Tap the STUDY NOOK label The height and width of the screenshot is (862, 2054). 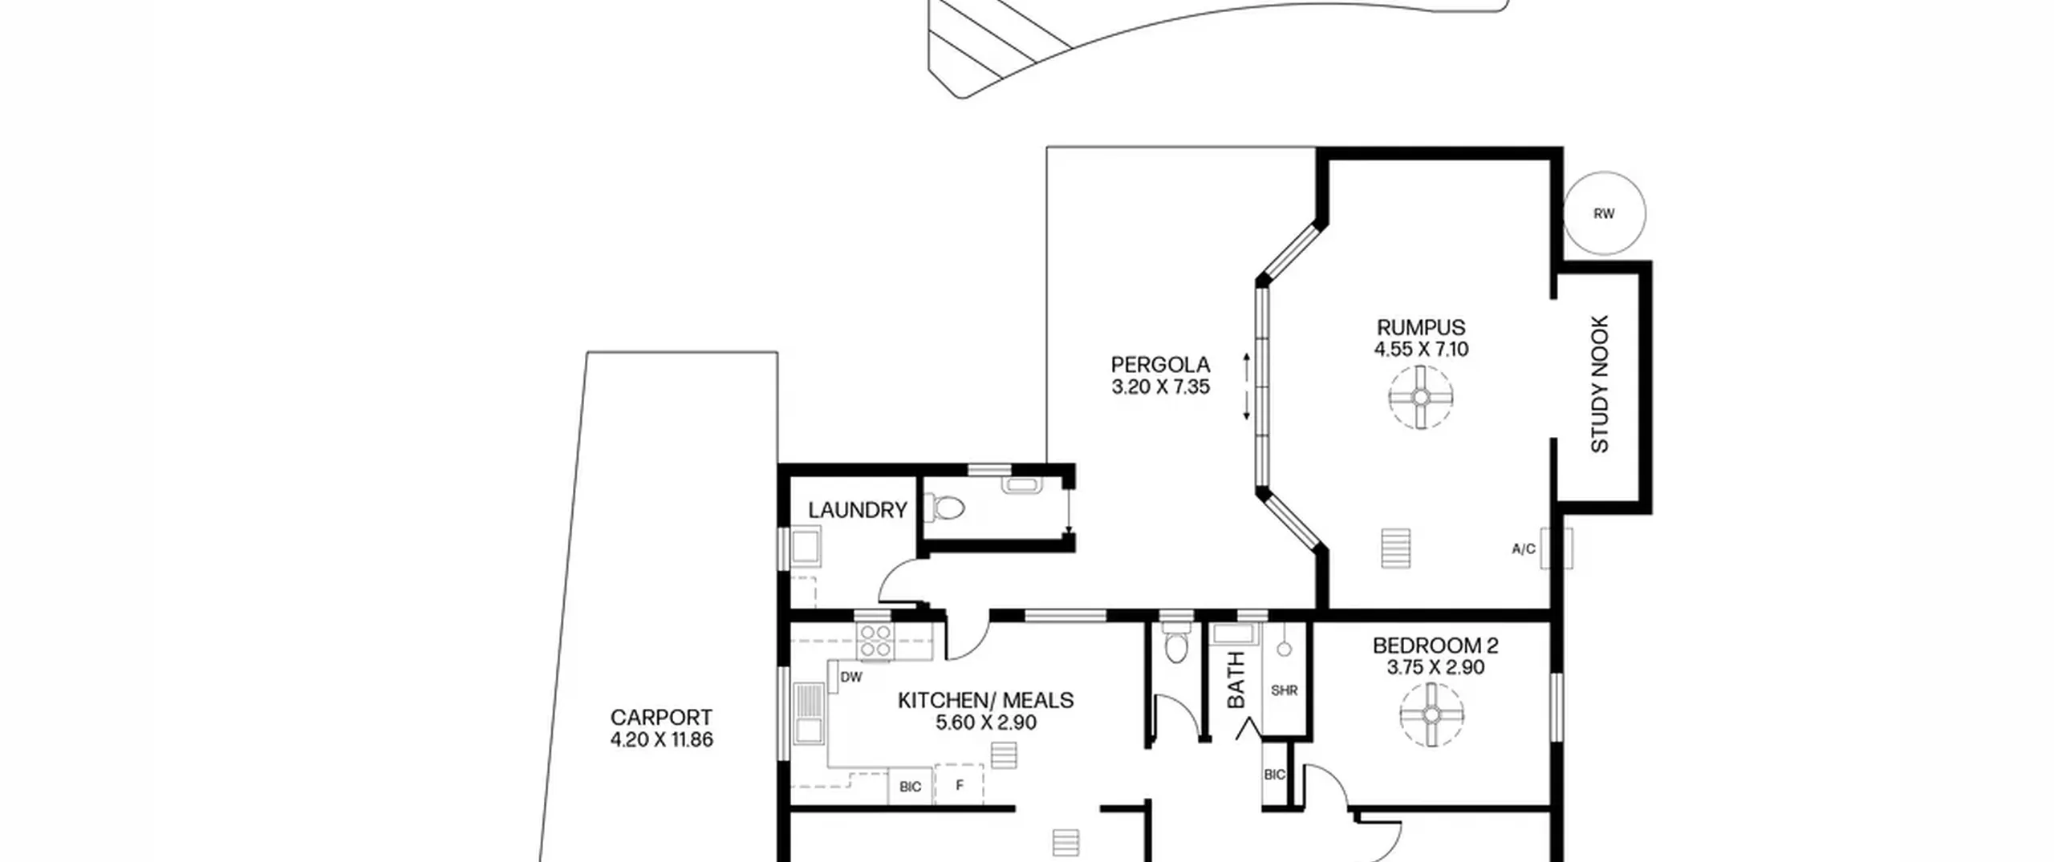click(1600, 384)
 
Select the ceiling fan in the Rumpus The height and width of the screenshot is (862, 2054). click(1421, 398)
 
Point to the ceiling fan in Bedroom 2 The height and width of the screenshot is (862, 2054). click(1432, 714)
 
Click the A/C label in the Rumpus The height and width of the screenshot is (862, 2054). click(1524, 549)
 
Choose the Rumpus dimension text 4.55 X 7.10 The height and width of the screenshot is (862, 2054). click(1421, 349)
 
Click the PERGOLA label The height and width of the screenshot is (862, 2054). click(1160, 365)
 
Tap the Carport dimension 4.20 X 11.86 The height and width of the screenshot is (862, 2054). click(661, 739)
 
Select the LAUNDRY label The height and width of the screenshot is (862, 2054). click(857, 510)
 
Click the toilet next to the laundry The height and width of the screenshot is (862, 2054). click(945, 507)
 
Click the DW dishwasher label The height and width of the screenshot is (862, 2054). click(851, 678)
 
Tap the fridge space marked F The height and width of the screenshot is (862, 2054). click(959, 786)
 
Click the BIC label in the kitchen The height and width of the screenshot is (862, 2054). click(910, 787)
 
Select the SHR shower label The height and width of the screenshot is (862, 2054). click(1284, 690)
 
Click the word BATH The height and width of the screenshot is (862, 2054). click(1236, 680)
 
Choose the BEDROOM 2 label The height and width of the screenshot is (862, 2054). click(1435, 645)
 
